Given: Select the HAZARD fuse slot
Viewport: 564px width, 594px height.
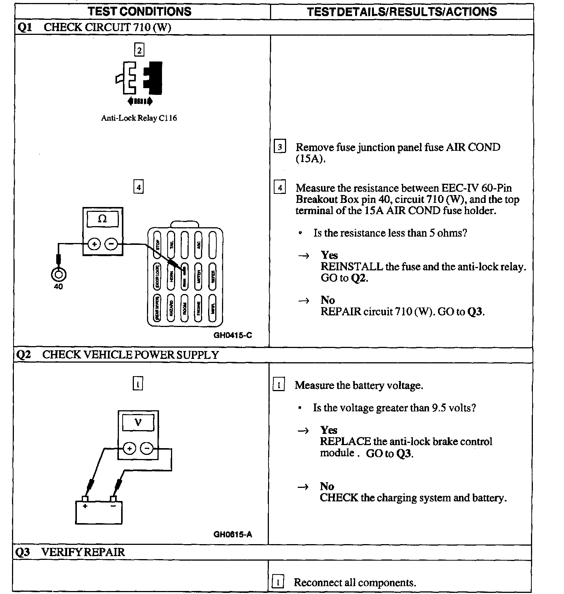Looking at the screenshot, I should [x=171, y=308].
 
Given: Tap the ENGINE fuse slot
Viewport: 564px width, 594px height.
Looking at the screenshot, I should [x=198, y=308].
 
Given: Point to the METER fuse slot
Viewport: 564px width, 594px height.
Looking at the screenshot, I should [x=198, y=276].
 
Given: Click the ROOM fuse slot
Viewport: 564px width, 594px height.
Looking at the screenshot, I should [x=184, y=308].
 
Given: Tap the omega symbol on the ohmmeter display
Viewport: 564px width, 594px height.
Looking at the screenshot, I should [x=102, y=219].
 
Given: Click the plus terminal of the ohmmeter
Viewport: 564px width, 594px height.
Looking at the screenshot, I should [x=94, y=244].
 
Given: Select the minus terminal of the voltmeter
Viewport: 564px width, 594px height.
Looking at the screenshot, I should [x=147, y=448].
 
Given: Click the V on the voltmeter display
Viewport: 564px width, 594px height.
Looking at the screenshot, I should [x=138, y=422].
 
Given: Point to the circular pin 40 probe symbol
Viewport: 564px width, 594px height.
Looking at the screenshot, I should [x=58, y=275].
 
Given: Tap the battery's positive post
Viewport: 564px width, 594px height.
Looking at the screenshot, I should [x=85, y=499].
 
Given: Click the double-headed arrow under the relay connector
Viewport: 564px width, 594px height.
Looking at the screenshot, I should [x=140, y=101].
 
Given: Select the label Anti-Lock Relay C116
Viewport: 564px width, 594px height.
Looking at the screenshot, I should [x=139, y=118].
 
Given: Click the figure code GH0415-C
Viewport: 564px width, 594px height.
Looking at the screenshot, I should [x=232, y=335].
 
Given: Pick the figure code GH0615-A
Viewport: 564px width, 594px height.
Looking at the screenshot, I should [x=232, y=534].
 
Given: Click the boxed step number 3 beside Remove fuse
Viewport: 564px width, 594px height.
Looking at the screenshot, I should [x=280, y=147].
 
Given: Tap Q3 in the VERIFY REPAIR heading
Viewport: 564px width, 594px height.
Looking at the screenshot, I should [x=23, y=552].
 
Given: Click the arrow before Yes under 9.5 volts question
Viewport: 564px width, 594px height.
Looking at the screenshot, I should [x=303, y=431].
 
